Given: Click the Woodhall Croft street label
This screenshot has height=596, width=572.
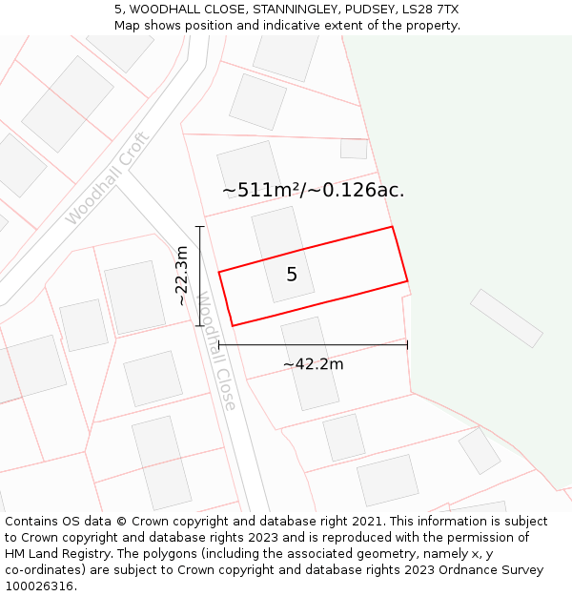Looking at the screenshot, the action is pos(108,178).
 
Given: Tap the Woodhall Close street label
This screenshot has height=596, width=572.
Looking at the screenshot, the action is pos(216,351).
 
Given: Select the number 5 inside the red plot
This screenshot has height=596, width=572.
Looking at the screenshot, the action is pos(292,275).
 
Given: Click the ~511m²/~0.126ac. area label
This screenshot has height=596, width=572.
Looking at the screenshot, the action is pos(314,190).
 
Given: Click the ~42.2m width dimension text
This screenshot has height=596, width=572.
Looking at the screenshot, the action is pos(313,363).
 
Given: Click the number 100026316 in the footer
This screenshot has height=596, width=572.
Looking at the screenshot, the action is pos(39,586).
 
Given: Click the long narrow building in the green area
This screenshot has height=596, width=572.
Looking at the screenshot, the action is pos(506,318).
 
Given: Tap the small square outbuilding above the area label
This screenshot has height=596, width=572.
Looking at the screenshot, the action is pos(354,149).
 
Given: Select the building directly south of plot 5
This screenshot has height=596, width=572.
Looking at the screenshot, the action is pos(310,363).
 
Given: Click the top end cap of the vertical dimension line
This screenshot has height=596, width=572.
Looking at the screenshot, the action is pos(199,226).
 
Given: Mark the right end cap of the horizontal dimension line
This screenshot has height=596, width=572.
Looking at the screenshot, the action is pos(407,344).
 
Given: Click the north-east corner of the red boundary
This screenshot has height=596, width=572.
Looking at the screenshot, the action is pos(392,227).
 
